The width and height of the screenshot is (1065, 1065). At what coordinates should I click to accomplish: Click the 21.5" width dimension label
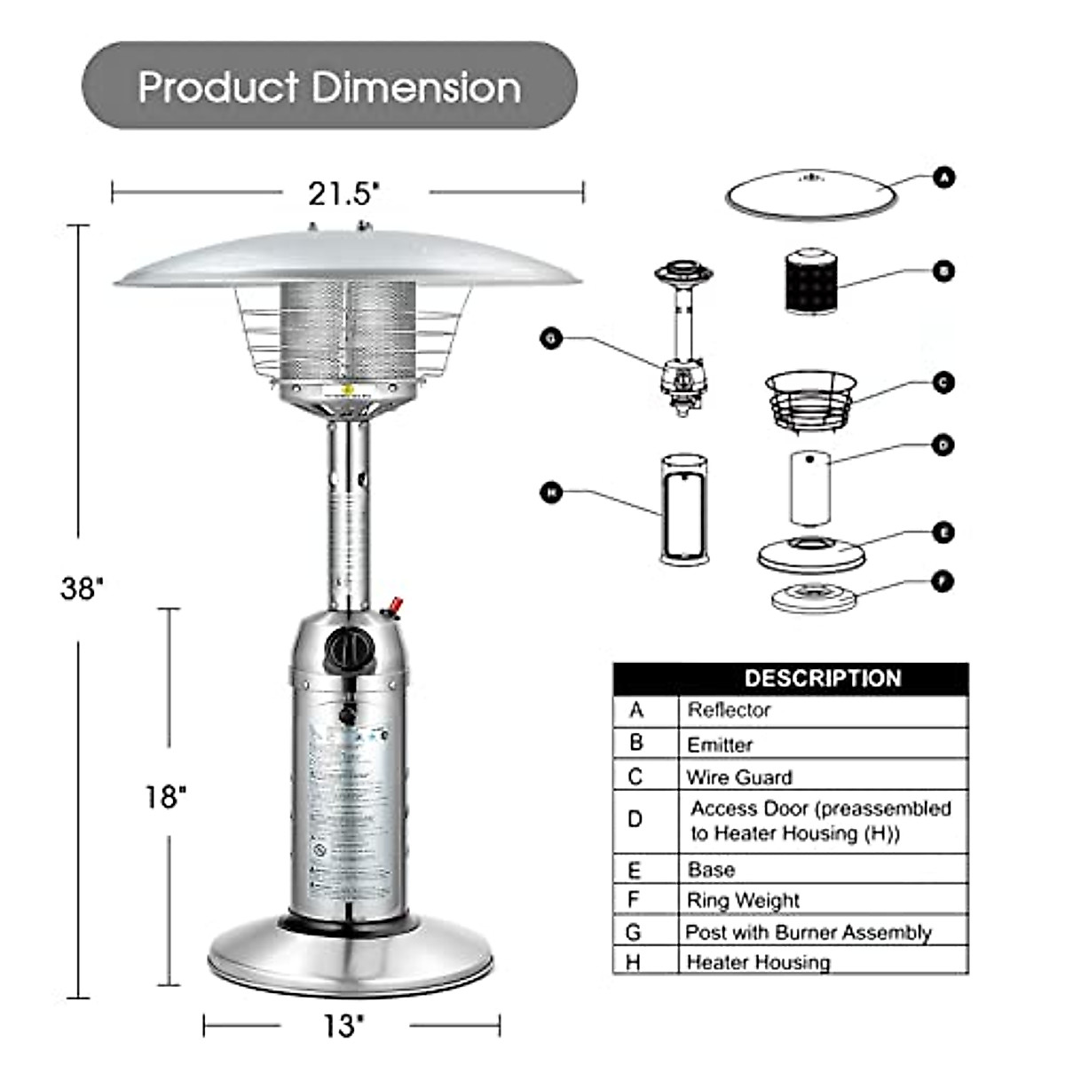click(343, 193)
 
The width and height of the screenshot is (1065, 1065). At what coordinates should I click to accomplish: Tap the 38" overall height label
click(82, 588)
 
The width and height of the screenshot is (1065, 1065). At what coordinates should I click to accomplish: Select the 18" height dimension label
click(166, 796)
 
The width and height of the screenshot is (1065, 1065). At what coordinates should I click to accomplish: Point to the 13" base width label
click(343, 1026)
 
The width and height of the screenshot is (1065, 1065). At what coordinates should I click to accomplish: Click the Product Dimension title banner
click(329, 86)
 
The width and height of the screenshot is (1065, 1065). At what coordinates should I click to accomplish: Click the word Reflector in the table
click(729, 710)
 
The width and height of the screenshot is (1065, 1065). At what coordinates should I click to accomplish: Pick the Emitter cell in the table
click(720, 745)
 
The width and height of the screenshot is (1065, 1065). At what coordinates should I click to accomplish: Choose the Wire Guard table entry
click(738, 777)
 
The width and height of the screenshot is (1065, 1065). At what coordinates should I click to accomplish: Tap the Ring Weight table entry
click(743, 900)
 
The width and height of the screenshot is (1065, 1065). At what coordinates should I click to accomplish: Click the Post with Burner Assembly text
click(808, 932)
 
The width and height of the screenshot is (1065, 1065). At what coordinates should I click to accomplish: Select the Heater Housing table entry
click(758, 962)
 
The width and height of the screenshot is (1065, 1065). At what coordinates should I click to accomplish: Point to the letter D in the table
click(635, 818)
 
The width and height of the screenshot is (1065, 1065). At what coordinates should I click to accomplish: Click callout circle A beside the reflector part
click(945, 177)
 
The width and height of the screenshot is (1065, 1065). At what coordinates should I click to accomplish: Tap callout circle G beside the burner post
click(552, 338)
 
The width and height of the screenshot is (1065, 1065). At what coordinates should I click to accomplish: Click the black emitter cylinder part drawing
click(811, 282)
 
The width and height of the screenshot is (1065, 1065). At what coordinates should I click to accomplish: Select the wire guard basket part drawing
click(810, 400)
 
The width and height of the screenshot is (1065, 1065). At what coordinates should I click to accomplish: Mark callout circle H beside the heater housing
click(552, 493)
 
